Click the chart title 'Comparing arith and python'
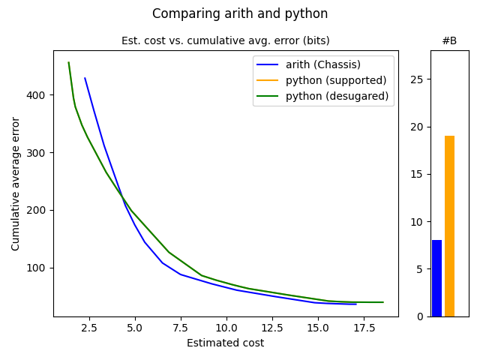(240, 13)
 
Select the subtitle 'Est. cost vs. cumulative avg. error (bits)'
(225, 40)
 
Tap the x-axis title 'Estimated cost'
(225, 343)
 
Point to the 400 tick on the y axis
(38, 95)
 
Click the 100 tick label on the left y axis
(38, 268)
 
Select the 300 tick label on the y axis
(38, 153)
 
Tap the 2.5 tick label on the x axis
(89, 328)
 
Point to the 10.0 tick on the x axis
(226, 328)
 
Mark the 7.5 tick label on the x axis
(181, 328)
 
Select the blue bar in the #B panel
(436, 278)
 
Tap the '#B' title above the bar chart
(449, 40)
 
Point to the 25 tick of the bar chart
(419, 79)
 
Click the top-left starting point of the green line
(69, 63)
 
